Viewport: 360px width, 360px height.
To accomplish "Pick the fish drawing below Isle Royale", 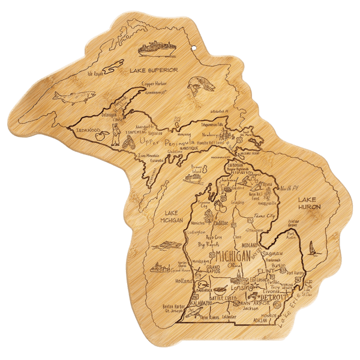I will click(x=65, y=95).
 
